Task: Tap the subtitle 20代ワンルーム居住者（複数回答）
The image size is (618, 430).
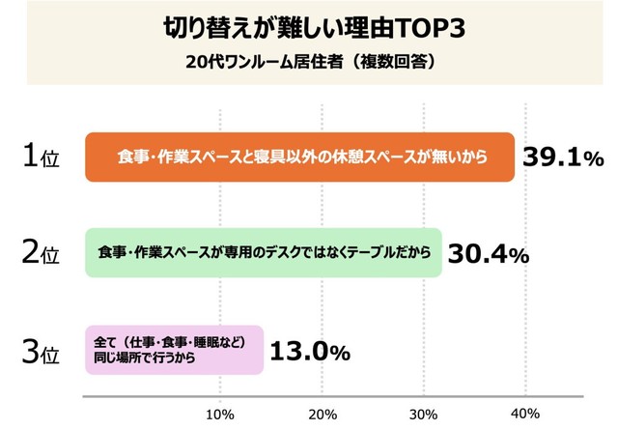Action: tap(310, 62)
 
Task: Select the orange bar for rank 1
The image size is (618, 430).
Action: tap(299, 157)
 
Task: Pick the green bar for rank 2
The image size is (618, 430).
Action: tap(263, 253)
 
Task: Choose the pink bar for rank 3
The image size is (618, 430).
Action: tap(174, 350)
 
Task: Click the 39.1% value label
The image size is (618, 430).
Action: tap(563, 158)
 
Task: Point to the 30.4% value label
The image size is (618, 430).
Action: tap(487, 254)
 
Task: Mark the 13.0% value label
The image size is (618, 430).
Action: tap(308, 352)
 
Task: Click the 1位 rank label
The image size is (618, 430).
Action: tap(41, 158)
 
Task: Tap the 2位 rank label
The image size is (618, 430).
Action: tap(41, 254)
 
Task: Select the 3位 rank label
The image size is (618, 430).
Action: tap(41, 352)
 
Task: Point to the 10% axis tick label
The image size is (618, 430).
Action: tap(221, 414)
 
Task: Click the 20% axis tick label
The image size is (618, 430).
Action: tap(323, 414)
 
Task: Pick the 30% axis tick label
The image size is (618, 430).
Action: tap(424, 414)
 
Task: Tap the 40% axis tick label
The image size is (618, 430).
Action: tap(525, 414)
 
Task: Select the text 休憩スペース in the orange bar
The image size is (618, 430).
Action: tap(400, 157)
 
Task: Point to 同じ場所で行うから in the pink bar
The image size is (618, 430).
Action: tap(141, 358)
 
